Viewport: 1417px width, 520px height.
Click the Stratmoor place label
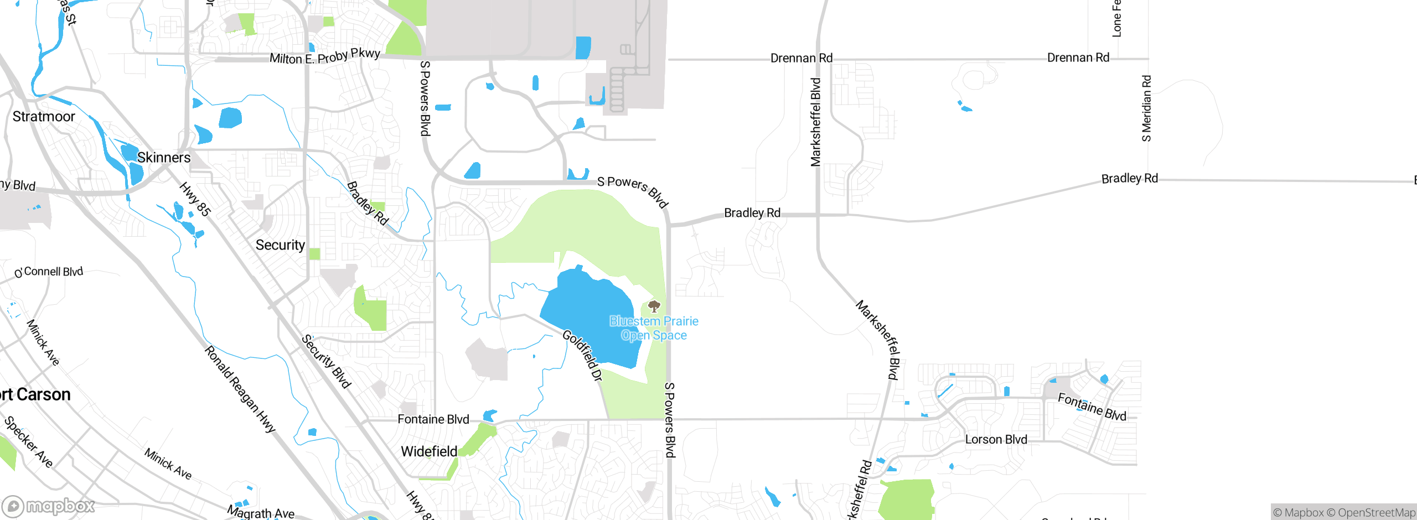click(44, 117)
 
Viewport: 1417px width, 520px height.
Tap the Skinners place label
click(164, 158)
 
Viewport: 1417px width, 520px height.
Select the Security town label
click(280, 245)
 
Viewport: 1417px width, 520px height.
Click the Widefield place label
click(429, 451)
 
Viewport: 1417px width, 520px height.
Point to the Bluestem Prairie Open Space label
click(654, 328)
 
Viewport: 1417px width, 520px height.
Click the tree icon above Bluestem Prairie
click(654, 306)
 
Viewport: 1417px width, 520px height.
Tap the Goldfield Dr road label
click(582, 356)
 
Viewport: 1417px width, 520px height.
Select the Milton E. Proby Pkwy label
click(325, 56)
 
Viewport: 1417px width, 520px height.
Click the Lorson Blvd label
click(996, 439)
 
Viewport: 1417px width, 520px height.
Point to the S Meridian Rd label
click(1146, 108)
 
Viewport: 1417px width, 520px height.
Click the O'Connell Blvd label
click(49, 272)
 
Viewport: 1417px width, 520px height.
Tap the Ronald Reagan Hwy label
click(240, 389)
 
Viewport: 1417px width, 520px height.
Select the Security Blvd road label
click(327, 361)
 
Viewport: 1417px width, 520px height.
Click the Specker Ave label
click(28, 442)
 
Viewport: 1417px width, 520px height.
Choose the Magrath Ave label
click(261, 513)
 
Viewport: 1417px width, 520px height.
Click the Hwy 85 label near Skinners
click(195, 199)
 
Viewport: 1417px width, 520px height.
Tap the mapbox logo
click(48, 506)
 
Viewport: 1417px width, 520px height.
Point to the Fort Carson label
click(35, 394)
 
